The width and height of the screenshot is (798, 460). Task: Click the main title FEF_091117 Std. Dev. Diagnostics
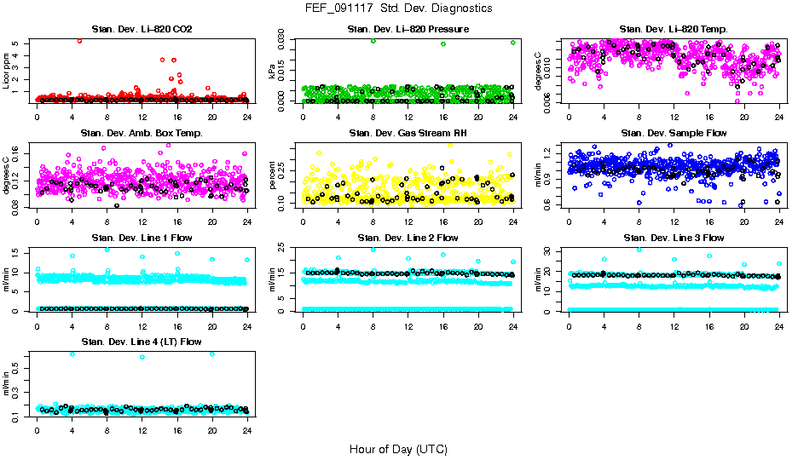[x=398, y=9]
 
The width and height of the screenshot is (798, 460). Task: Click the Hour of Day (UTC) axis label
[x=398, y=449]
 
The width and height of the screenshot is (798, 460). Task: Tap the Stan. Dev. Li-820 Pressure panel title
[x=408, y=30]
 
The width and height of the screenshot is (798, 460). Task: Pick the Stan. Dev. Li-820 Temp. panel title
[x=674, y=30]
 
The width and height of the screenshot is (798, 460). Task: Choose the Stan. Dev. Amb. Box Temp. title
[x=142, y=134]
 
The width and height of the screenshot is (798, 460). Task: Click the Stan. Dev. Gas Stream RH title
[x=408, y=134]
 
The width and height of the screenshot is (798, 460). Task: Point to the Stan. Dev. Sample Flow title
[x=674, y=134]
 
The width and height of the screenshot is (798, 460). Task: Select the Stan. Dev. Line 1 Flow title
[x=142, y=238]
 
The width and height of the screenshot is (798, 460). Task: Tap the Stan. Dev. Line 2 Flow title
[x=408, y=238]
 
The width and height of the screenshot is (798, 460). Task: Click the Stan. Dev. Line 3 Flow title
[x=674, y=238]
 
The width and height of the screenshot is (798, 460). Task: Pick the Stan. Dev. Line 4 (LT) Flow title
[x=142, y=342]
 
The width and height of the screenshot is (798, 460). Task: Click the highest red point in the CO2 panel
[x=79, y=40]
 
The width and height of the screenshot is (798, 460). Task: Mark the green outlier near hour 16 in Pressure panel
[x=443, y=43]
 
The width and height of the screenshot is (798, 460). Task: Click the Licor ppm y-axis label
[x=8, y=71]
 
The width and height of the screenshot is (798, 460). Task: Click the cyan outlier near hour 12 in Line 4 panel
[x=142, y=357]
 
